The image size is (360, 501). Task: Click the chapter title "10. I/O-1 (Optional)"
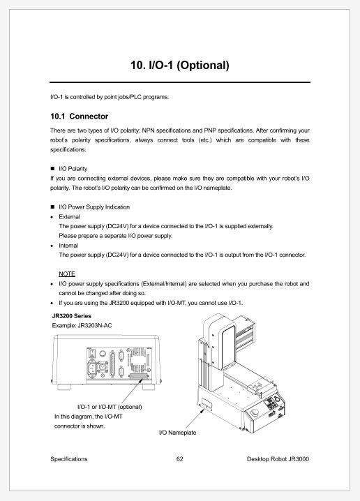coord(180,66)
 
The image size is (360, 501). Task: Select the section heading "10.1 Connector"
coord(80,116)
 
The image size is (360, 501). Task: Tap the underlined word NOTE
coord(67,274)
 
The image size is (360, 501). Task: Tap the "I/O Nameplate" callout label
coord(178,433)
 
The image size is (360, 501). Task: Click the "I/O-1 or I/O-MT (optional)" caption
coord(109,407)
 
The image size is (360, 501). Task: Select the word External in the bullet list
coord(70,217)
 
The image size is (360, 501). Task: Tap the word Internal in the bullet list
coord(68,246)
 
